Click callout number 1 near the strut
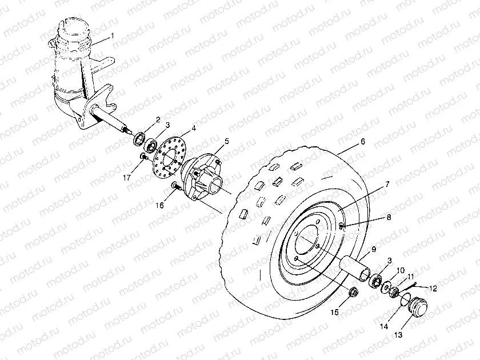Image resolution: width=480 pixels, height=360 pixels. click(x=113, y=35)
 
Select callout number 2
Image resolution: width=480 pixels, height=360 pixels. click(x=157, y=119)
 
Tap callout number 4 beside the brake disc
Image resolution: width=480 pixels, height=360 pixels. click(x=194, y=129)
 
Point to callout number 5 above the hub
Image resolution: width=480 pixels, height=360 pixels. click(x=226, y=141)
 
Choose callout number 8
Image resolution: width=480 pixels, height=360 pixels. click(x=388, y=218)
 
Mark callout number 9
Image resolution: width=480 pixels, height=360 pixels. click(x=373, y=249)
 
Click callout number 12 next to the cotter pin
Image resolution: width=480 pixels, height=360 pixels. click(x=433, y=289)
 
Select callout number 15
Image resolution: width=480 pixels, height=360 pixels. click(x=335, y=312)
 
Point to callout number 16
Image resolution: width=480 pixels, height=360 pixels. click(x=161, y=205)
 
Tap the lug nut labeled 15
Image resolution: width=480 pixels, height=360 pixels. click(x=353, y=294)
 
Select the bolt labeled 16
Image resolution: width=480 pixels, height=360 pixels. click(x=176, y=186)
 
